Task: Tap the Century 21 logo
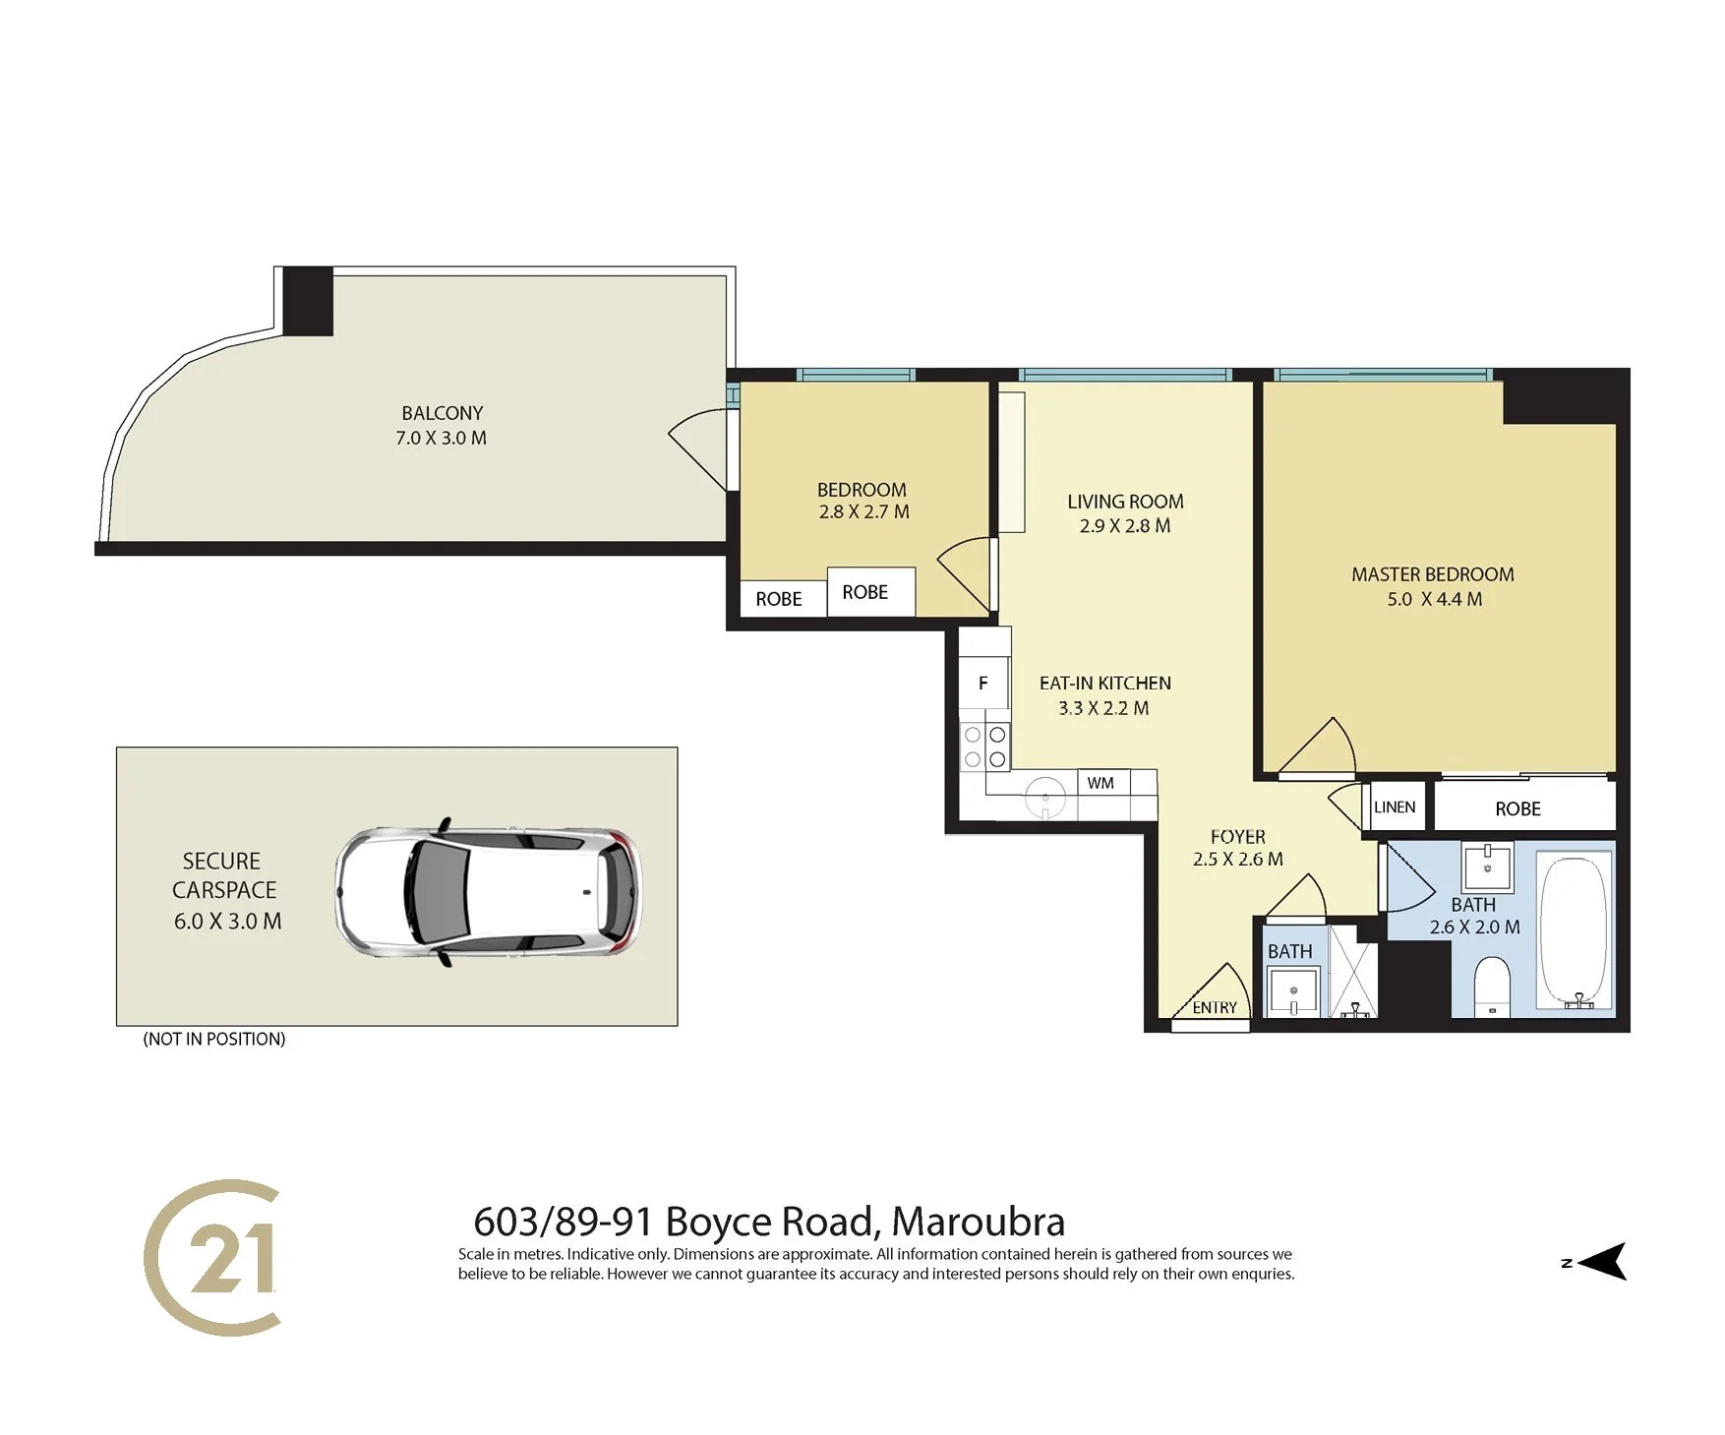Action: pyautogui.click(x=212, y=1257)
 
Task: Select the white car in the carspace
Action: pyautogui.click(x=489, y=892)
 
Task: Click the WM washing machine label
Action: pyautogui.click(x=1100, y=783)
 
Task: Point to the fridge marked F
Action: pyautogui.click(x=982, y=684)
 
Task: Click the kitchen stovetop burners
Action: pyautogui.click(x=984, y=747)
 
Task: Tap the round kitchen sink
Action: pyautogui.click(x=1045, y=797)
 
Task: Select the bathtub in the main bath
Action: pyautogui.click(x=1576, y=931)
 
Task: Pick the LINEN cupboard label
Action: pyautogui.click(x=1395, y=807)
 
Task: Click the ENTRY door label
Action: pyautogui.click(x=1215, y=1008)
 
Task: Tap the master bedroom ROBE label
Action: pyautogui.click(x=1517, y=808)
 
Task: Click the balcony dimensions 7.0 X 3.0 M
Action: pyautogui.click(x=441, y=438)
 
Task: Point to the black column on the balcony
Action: pyautogui.click(x=308, y=301)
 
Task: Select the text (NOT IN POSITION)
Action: pyautogui.click(x=214, y=1039)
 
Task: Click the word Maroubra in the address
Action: pyautogui.click(x=978, y=1222)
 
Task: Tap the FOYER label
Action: pyautogui.click(x=1238, y=836)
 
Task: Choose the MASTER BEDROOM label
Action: pyautogui.click(x=1433, y=574)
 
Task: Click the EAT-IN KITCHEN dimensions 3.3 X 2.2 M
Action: pyautogui.click(x=1103, y=708)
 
